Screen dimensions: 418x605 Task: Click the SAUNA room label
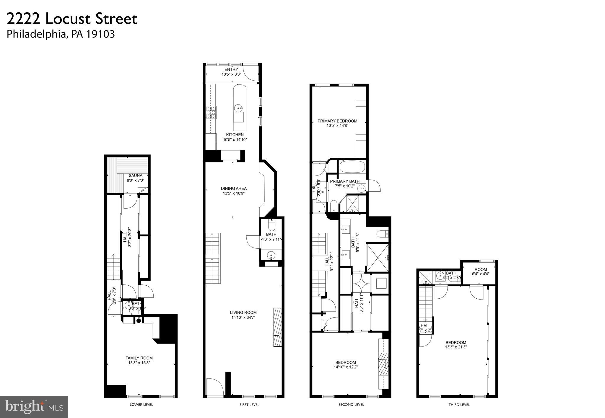(x=135, y=175)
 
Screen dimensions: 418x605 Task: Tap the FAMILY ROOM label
(x=139, y=358)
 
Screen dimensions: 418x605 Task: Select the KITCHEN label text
(x=235, y=135)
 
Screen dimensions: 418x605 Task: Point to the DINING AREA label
(x=234, y=188)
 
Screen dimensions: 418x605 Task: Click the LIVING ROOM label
(x=243, y=313)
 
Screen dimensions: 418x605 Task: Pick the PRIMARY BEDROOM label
(x=337, y=121)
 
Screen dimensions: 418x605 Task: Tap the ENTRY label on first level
(x=231, y=69)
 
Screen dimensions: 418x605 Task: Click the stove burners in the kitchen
(x=211, y=113)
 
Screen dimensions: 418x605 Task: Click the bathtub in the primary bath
(x=352, y=167)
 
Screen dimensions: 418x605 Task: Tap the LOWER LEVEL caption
(x=141, y=404)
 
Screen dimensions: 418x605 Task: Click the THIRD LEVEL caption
(x=459, y=404)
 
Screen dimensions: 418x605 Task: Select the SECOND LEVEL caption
(x=351, y=404)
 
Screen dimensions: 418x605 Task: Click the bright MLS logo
(x=34, y=407)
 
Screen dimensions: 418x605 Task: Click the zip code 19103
(x=100, y=34)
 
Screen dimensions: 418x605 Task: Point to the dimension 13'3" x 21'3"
(x=456, y=347)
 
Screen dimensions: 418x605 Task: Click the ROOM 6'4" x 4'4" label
(x=481, y=271)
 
